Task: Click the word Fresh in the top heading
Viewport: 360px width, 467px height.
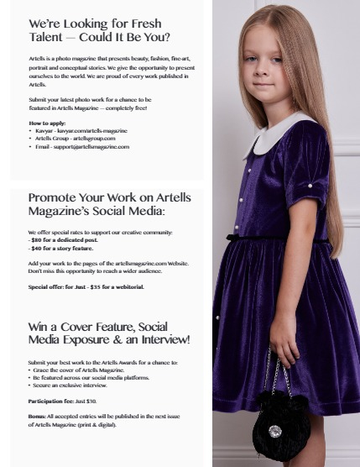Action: (143, 24)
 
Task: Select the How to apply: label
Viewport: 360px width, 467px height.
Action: (47, 123)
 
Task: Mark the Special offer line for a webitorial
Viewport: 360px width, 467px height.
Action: (86, 286)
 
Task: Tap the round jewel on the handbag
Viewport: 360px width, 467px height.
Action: (274, 431)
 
